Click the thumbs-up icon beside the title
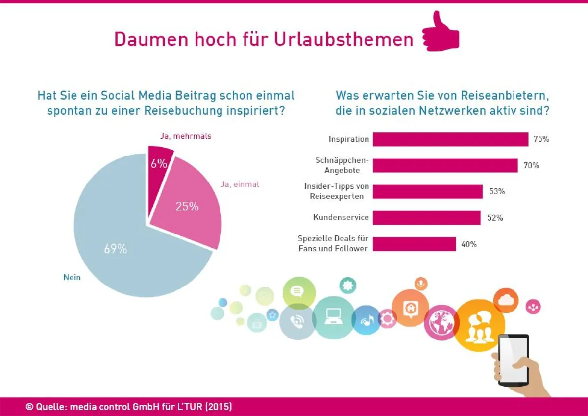[441, 33]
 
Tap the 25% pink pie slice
[189, 206]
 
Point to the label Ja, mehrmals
[185, 136]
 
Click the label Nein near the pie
[72, 277]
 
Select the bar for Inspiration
[450, 139]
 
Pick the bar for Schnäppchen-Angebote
[445, 166]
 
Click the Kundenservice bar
[426, 218]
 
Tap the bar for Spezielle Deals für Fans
[414, 244]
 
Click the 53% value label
[497, 192]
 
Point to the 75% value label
[541, 139]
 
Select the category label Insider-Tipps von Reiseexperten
[337, 191]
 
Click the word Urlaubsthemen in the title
[343, 39]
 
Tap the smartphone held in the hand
[513, 359]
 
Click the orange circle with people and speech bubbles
[479, 325]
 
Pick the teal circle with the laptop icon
[334, 318]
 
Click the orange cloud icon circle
[506, 300]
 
